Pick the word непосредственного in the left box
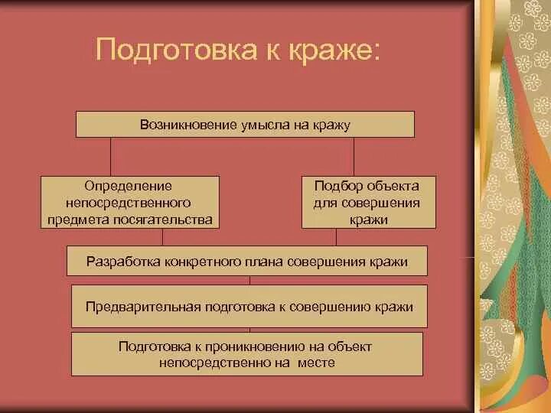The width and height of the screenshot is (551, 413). (x=129, y=203)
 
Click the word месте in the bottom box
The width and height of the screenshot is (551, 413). (x=317, y=363)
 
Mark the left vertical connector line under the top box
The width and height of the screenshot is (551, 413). (x=112, y=157)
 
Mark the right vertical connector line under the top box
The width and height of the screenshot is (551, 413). (x=354, y=157)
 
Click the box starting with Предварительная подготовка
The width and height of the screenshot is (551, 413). (x=249, y=307)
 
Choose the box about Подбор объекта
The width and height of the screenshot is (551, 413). (x=368, y=203)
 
